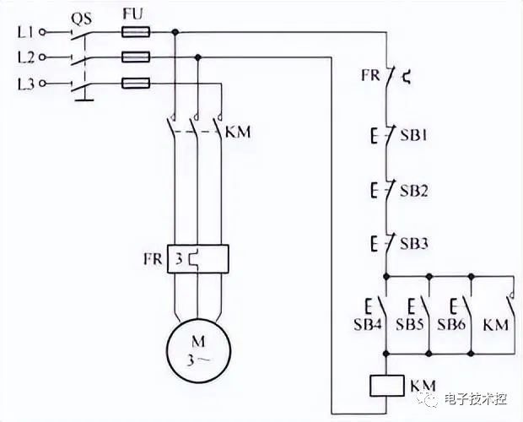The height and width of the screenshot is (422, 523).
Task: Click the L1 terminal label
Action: [x=25, y=32]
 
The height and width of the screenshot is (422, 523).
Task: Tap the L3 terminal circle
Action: [x=42, y=83]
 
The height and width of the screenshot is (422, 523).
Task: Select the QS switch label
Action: [x=81, y=19]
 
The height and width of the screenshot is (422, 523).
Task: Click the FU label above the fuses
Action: [x=132, y=14]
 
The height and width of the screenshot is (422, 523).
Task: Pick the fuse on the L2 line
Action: [x=136, y=57]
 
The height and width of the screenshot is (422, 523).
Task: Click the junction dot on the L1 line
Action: [x=175, y=32]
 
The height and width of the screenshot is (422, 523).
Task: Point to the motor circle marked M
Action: [x=198, y=350]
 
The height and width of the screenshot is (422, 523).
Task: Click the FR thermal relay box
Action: [x=198, y=259]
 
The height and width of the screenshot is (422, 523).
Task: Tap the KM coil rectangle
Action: [x=386, y=386]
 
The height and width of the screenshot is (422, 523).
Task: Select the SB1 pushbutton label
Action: [x=413, y=135]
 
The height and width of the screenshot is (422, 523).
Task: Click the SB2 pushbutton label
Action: [x=414, y=191]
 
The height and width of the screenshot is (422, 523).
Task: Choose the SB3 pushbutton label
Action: [x=414, y=244]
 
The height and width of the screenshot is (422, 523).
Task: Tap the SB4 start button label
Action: [x=368, y=324]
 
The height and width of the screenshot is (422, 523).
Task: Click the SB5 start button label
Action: [x=410, y=324]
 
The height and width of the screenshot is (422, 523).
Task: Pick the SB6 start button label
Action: [x=451, y=324]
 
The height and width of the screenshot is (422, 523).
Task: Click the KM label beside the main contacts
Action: [x=238, y=133]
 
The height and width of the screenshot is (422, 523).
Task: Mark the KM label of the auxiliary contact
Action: [x=496, y=325]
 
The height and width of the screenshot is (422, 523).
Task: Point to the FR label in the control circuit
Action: [x=371, y=75]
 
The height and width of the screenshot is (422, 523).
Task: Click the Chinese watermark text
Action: [x=476, y=399]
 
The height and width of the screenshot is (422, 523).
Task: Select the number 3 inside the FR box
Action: [x=179, y=259]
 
